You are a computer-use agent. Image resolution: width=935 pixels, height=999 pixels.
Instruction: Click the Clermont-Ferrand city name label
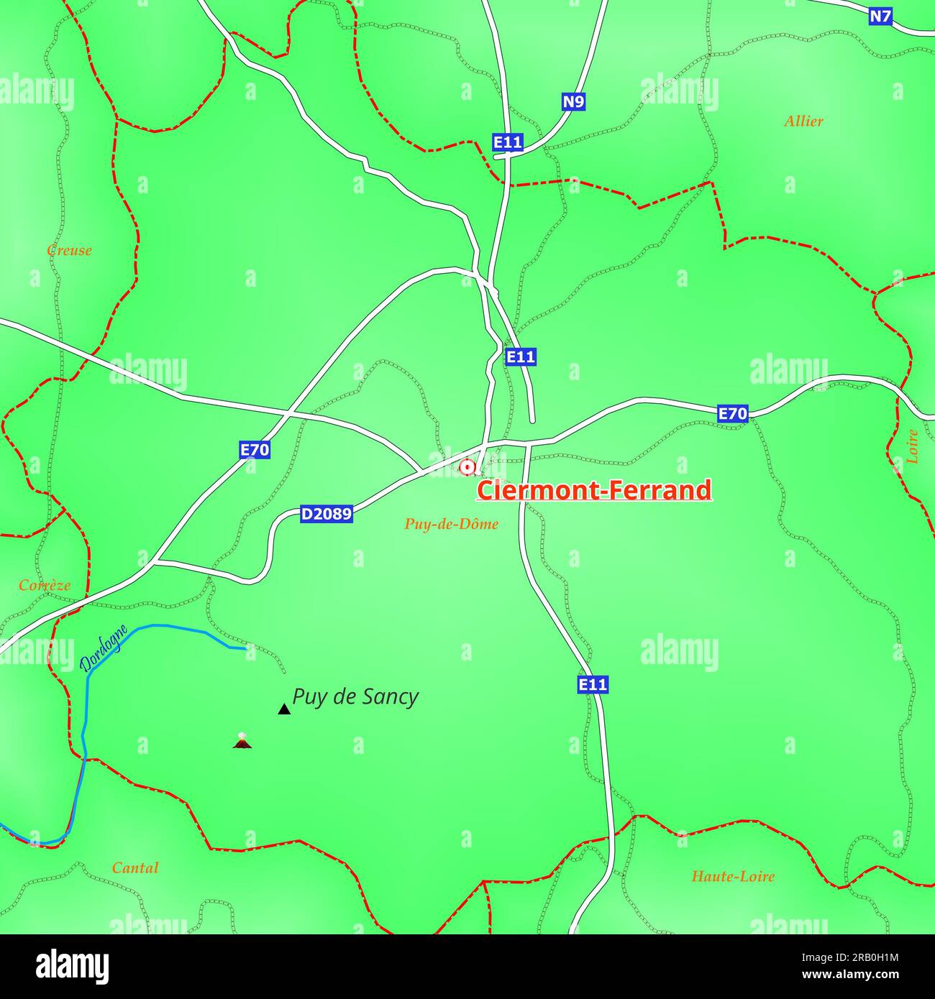[594, 490]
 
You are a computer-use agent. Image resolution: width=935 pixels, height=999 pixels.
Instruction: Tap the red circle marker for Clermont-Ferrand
[467, 467]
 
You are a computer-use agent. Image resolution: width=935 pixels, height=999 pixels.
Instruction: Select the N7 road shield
[880, 17]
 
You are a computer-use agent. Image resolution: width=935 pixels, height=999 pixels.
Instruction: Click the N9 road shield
[573, 102]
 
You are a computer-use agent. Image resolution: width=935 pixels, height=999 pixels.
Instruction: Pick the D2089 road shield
[326, 514]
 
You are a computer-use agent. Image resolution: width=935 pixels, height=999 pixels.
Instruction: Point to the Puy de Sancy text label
[355, 696]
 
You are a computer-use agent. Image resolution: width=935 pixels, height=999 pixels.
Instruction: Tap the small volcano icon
[242, 741]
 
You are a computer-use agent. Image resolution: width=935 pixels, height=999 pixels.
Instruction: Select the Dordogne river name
[104, 648]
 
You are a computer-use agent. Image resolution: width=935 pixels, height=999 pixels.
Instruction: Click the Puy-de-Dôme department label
[451, 524]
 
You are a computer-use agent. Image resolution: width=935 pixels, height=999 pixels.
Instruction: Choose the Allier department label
[803, 121]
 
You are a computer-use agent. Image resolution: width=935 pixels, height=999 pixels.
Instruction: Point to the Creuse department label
[69, 250]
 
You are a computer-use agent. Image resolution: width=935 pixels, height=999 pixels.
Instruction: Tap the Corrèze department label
[45, 585]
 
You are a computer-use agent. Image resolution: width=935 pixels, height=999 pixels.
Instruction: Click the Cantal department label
[135, 867]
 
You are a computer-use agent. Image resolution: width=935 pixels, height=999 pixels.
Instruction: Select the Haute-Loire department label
[733, 876]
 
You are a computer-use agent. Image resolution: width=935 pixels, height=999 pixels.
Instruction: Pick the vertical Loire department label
[912, 446]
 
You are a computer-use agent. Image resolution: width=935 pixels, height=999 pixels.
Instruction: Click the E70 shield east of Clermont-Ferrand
[733, 413]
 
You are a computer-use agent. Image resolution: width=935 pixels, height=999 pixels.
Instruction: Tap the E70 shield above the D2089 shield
[255, 450]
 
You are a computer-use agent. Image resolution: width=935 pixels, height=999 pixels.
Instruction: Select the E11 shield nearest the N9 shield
[508, 142]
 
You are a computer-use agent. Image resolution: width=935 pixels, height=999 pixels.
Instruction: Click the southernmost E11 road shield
[593, 684]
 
